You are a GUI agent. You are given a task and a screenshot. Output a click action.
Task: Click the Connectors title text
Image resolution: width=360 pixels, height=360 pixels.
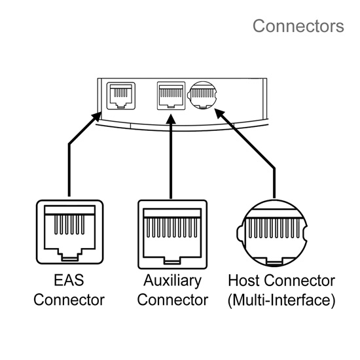click(x=298, y=26)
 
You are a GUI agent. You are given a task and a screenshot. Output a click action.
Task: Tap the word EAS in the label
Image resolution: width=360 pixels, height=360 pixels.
click(x=69, y=280)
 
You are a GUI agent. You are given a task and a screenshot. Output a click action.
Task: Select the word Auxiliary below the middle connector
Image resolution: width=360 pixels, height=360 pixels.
click(x=172, y=281)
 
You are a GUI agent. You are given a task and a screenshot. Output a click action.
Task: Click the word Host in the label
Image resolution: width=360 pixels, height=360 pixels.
click(x=244, y=280)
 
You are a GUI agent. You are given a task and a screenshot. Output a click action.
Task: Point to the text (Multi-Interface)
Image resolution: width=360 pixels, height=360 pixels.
click(x=281, y=300)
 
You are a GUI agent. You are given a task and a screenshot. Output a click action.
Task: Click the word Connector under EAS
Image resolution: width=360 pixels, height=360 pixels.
click(x=69, y=300)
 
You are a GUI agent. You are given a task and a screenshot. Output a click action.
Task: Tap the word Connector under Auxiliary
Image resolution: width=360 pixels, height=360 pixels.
click(x=173, y=300)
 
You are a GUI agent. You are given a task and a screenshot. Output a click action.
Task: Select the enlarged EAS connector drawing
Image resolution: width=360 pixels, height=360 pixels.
click(x=70, y=232)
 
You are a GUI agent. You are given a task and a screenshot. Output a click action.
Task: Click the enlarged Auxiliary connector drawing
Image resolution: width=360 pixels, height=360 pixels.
click(x=172, y=234)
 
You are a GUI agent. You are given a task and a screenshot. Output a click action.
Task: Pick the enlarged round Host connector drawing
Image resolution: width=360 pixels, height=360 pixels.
click(x=272, y=233)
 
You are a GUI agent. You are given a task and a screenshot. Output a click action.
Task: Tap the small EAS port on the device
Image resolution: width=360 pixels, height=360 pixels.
click(x=121, y=96)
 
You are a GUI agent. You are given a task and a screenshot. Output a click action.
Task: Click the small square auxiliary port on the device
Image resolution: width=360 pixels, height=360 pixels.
click(x=171, y=96)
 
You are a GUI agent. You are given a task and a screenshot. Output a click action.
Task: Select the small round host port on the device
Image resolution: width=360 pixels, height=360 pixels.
click(x=202, y=95)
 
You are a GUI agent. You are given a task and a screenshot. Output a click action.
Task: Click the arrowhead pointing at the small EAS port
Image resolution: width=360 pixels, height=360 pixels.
click(x=96, y=117)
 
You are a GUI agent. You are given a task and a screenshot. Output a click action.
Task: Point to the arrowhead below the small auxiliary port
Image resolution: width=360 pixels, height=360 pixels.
click(x=171, y=118)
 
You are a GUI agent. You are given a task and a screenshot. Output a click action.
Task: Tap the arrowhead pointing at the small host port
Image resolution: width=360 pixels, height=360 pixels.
click(x=220, y=113)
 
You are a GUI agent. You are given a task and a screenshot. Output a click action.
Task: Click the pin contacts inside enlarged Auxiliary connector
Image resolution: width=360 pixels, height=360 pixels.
click(x=171, y=228)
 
